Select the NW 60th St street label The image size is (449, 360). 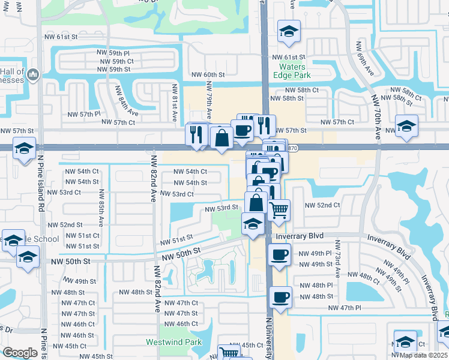tap(208, 75)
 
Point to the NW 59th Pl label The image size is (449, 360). tap(121, 53)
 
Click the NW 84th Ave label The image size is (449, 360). tap(128, 108)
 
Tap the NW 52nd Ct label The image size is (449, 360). tap(322, 205)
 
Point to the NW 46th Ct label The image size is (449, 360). tap(181, 324)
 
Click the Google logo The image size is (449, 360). tap(20, 352)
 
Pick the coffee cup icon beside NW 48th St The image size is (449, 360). tap(280, 297)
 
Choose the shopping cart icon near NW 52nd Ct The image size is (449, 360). tap(279, 211)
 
